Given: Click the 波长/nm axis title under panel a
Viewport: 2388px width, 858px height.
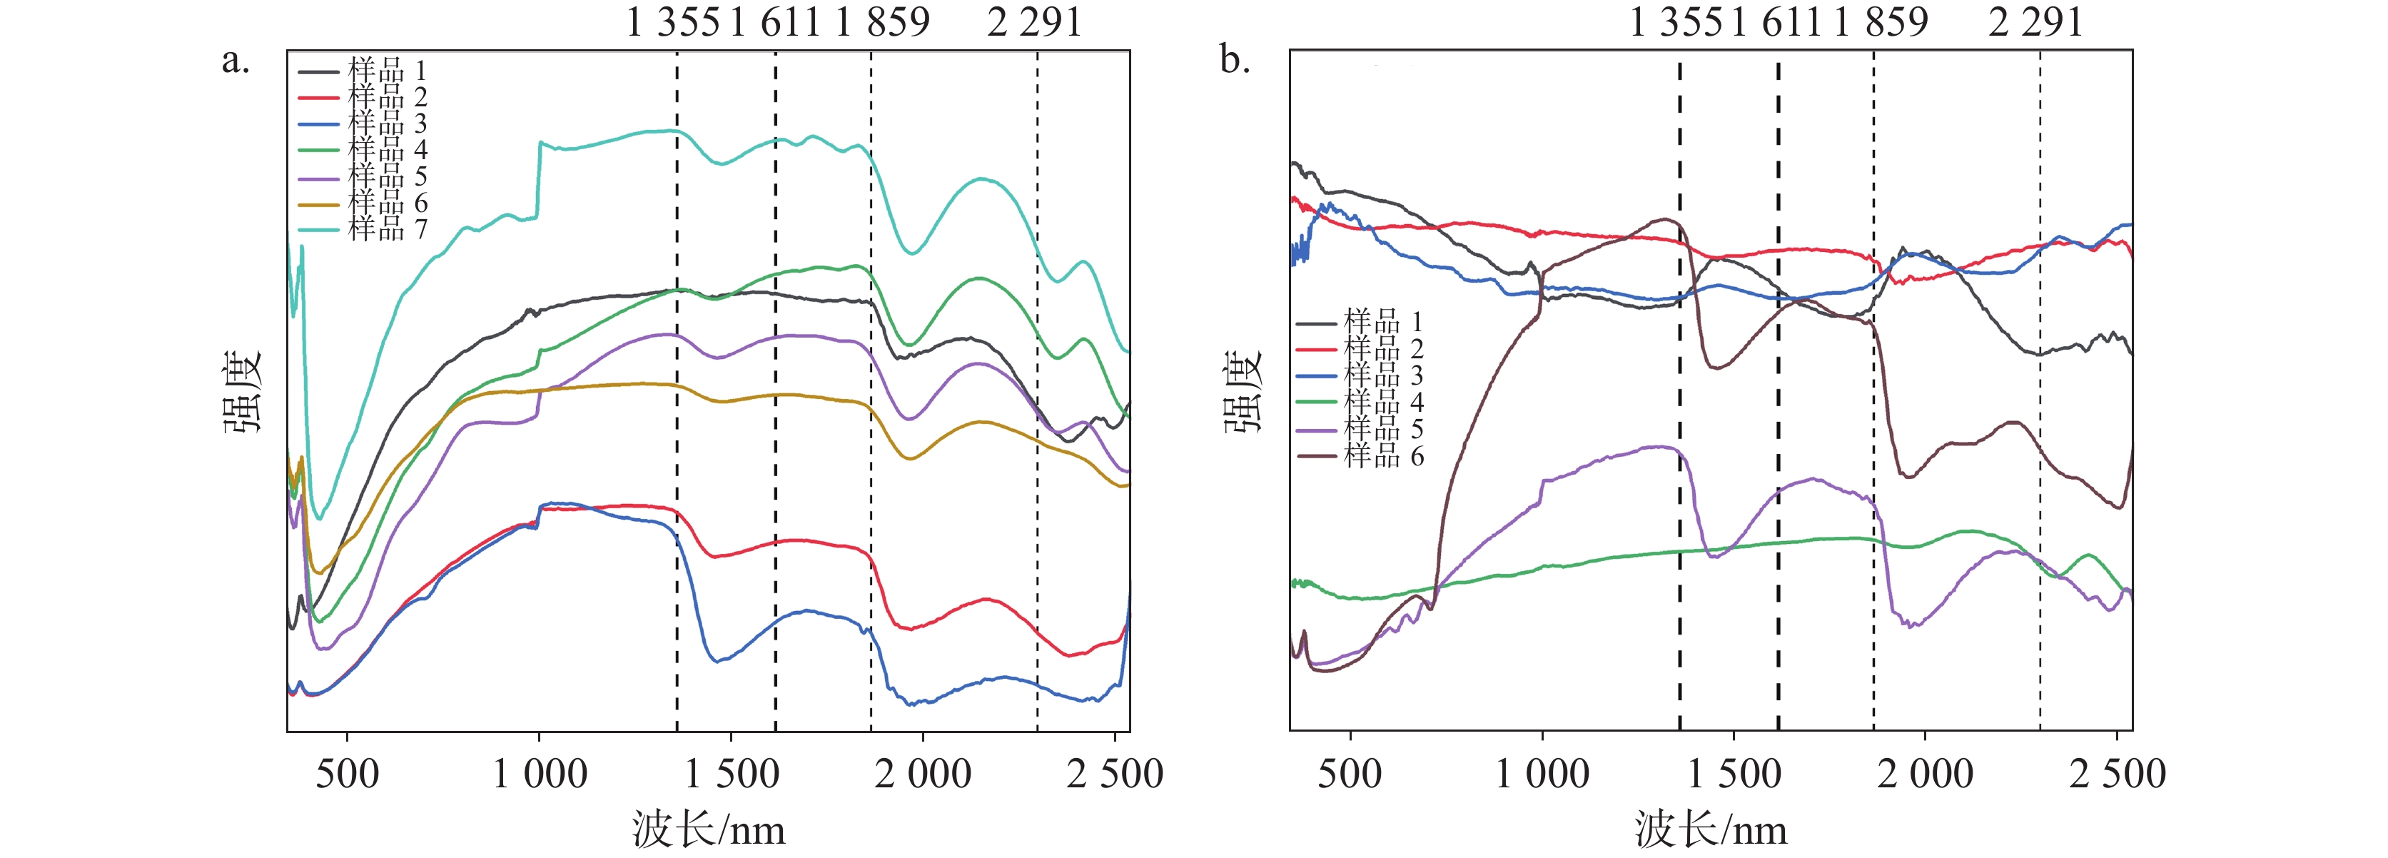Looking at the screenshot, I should (x=709, y=828).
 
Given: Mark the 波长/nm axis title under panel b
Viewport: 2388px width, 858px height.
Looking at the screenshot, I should (x=1711, y=828).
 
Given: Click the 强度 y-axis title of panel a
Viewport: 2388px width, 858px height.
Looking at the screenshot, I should (x=243, y=391).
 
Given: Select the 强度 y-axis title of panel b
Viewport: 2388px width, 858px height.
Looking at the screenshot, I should (x=1244, y=391).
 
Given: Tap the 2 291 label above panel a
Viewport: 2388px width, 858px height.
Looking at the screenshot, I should (x=1035, y=21).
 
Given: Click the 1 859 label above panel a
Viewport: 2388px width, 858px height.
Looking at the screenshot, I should (x=881, y=21).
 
